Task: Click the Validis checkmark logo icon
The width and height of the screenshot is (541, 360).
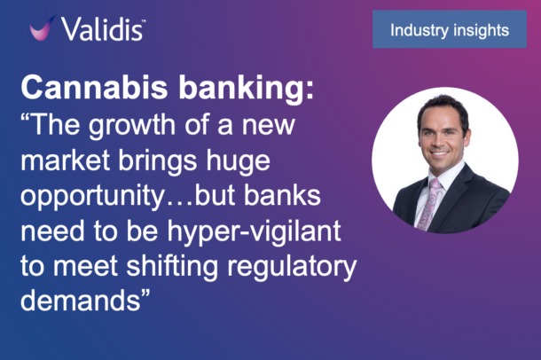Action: click(42, 28)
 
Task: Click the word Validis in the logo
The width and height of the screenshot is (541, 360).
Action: click(102, 29)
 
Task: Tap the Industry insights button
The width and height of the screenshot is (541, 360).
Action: click(450, 29)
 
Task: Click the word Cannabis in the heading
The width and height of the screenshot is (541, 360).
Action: click(94, 87)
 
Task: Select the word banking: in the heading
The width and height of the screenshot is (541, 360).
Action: click(246, 89)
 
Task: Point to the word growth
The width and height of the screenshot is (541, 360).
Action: click(132, 126)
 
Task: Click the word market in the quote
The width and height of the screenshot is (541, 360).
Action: click(66, 160)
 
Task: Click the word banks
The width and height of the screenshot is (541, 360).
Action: click(283, 195)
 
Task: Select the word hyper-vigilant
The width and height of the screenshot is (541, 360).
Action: click(255, 232)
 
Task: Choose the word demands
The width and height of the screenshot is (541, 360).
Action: click(81, 301)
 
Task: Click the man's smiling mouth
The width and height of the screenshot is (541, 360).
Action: click(440, 153)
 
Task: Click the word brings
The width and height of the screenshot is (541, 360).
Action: click(158, 161)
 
